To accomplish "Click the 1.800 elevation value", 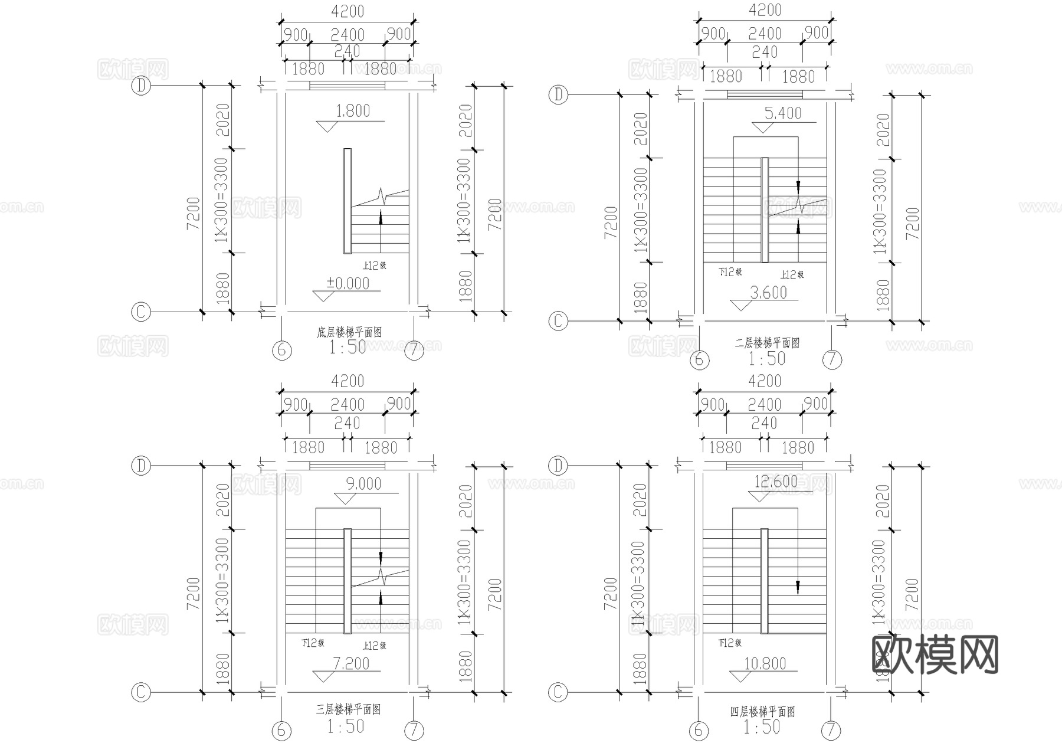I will tap(352, 111).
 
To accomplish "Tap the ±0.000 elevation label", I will tap(348, 283).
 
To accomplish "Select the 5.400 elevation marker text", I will tap(783, 113).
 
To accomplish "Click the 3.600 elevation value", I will tap(768, 292).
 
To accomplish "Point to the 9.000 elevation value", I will tap(363, 484).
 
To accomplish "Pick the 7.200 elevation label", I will tap(351, 664).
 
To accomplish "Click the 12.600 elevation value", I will tap(776, 482).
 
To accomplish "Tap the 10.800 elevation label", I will tap(765, 664).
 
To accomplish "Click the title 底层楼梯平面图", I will tap(349, 333).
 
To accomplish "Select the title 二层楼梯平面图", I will tap(767, 343).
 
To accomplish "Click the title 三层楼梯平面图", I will tap(348, 709).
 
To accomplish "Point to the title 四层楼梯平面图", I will tap(763, 712).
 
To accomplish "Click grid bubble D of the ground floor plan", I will tap(141, 86).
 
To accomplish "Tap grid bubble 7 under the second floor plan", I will tap(832, 359).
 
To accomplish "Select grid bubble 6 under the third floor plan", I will tap(281, 731).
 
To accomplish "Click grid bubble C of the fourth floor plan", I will tap(558, 692).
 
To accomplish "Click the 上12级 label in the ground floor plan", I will tap(374, 266).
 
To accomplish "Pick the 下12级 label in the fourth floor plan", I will tap(729, 643).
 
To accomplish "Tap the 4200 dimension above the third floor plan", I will tap(348, 381).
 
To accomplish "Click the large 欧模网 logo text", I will tap(935, 654).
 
